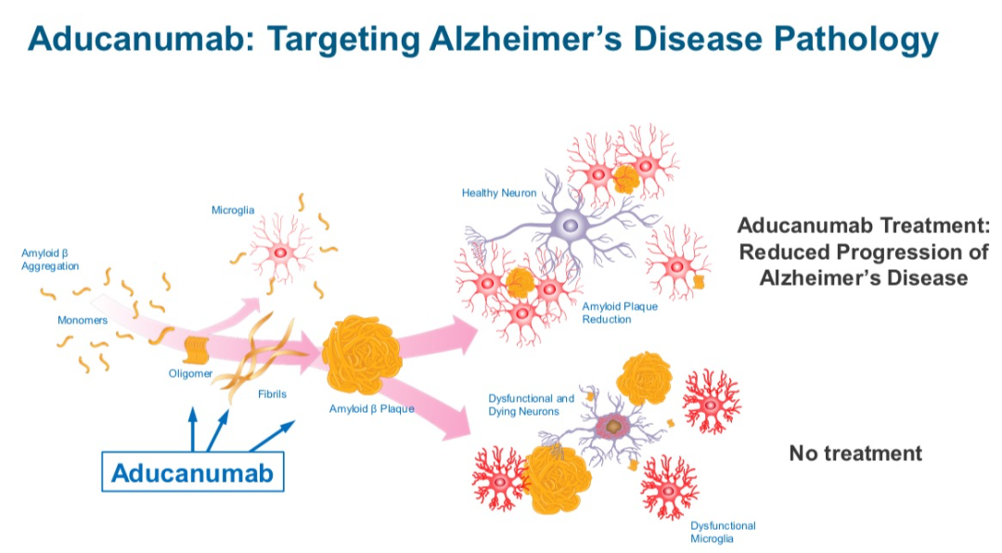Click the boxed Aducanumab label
[192, 471]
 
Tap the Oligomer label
[190, 373]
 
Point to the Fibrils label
[272, 393]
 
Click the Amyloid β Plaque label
[371, 408]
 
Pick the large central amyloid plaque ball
[362, 354]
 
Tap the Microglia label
[233, 210]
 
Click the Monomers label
[83, 320]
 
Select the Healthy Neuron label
[499, 192]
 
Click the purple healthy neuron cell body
[571, 225]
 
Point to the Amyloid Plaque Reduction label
[619, 313]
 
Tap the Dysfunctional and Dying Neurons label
[531, 405]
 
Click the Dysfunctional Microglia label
[723, 532]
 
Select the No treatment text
[855, 453]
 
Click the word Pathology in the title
[856, 39]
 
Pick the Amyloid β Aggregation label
[50, 260]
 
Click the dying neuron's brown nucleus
[613, 426]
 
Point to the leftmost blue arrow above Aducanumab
[192, 430]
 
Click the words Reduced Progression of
[864, 251]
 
